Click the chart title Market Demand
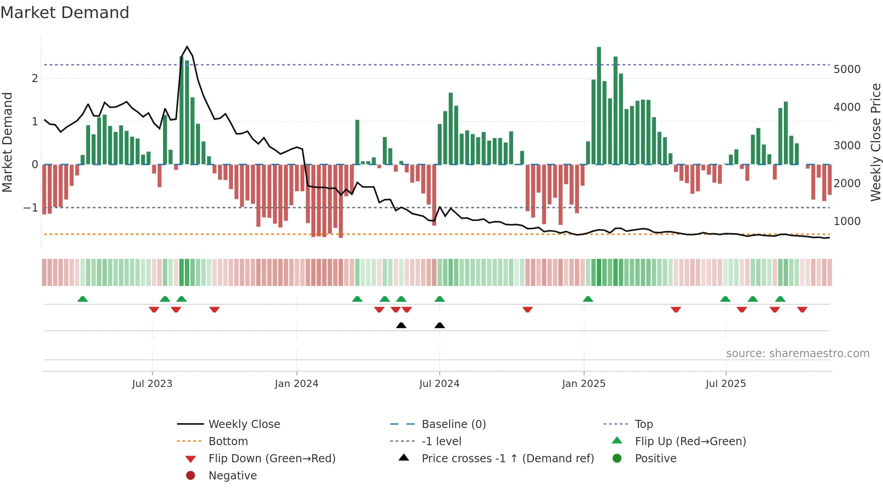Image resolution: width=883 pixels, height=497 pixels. [65, 13]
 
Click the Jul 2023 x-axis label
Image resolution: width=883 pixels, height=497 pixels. [152, 384]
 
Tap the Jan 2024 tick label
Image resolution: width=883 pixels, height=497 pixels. [296, 384]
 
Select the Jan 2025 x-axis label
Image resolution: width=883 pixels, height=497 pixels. [583, 384]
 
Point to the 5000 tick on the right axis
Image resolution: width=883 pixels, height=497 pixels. [847, 69]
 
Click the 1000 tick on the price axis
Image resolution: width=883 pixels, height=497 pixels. [847, 221]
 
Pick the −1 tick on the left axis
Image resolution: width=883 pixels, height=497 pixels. [31, 208]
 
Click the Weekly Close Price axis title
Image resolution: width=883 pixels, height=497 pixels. [875, 142]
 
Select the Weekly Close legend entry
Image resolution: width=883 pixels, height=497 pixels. [244, 424]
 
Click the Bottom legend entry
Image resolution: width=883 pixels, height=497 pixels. [228, 442]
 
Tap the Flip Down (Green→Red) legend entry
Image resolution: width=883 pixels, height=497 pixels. [272, 459]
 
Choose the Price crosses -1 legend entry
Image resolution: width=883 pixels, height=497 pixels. [507, 459]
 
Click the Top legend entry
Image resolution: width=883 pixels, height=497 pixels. [643, 424]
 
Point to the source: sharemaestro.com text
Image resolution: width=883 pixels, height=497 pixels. [797, 354]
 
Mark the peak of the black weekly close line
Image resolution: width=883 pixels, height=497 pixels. [187, 47]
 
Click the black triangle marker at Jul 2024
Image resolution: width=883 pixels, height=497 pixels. [440, 326]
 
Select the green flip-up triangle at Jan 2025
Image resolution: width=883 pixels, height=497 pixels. [588, 299]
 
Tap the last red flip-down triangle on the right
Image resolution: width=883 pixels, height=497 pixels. [802, 309]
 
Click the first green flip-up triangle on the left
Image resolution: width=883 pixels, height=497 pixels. [82, 299]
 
